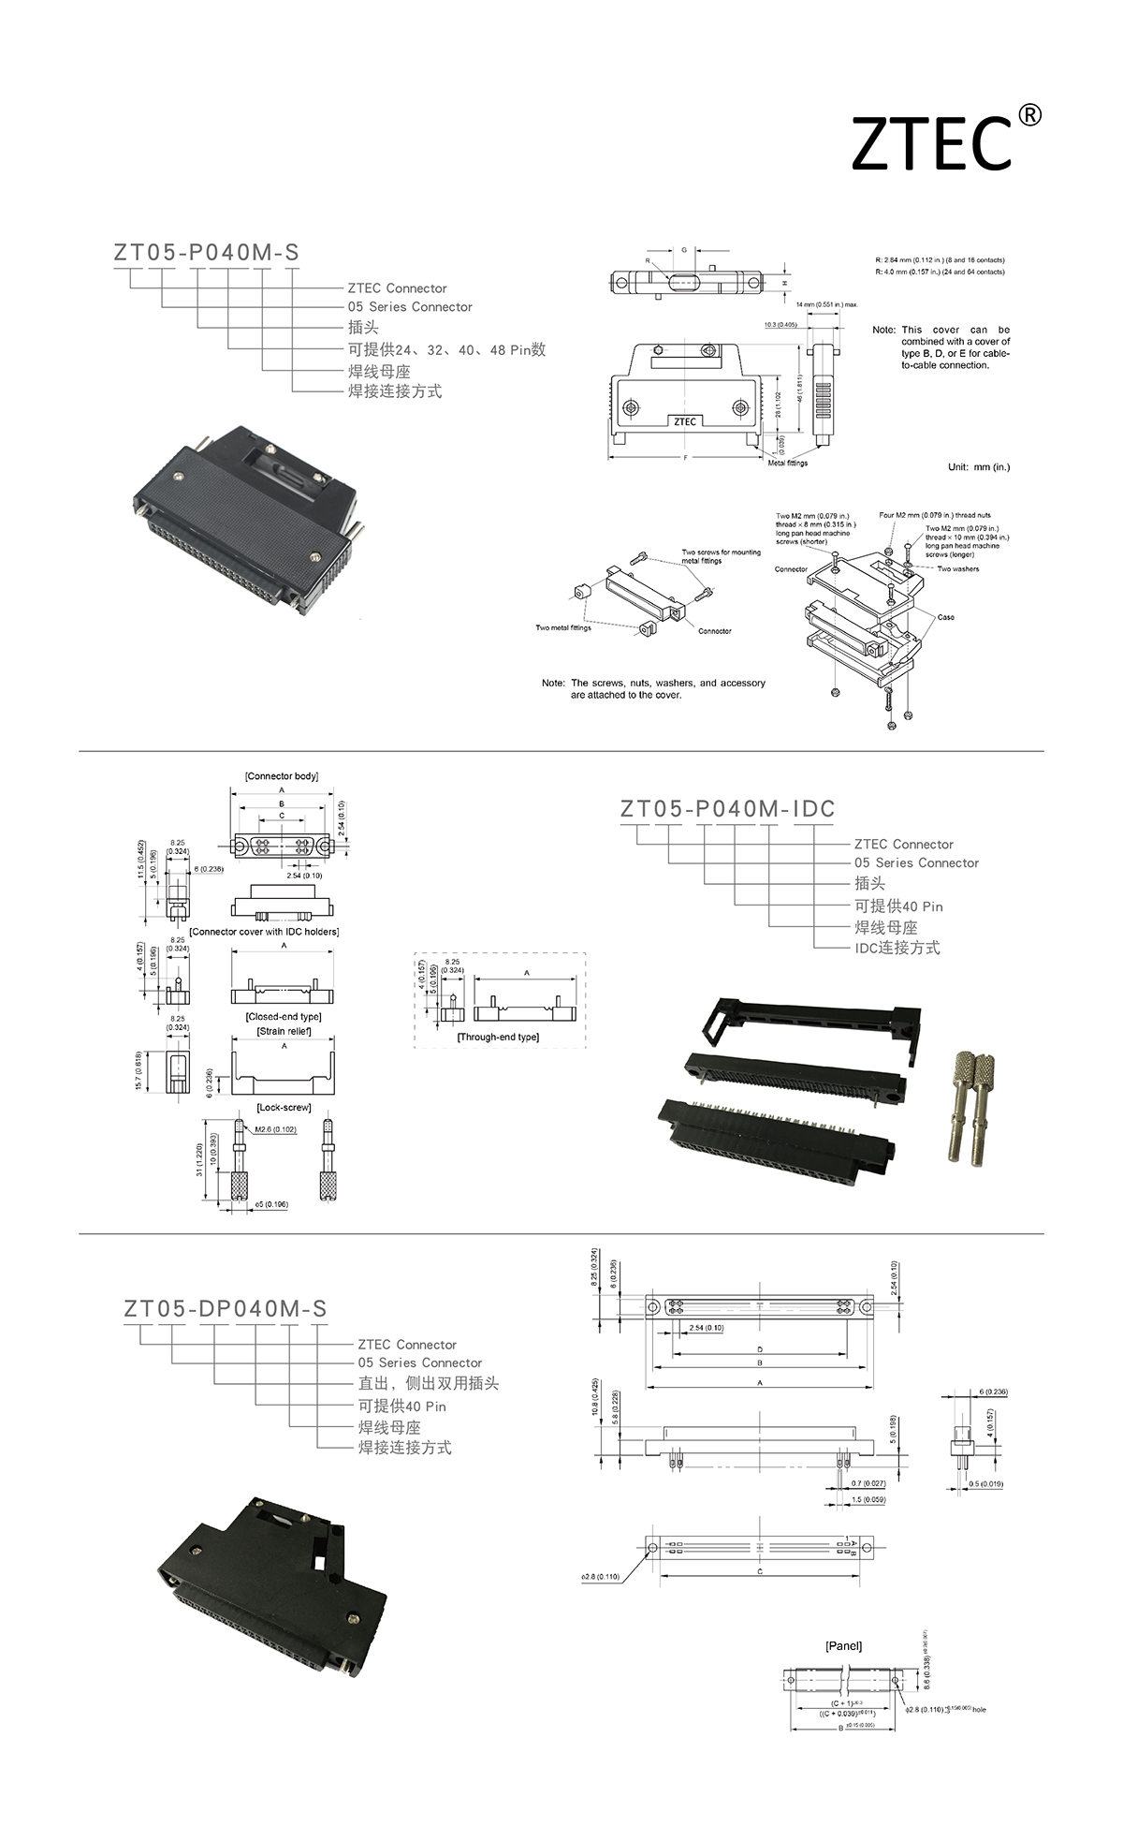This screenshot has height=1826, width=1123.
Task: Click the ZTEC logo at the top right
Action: (x=931, y=144)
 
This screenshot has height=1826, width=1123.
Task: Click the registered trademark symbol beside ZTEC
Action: (x=1028, y=115)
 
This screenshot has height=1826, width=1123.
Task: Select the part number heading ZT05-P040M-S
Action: (x=207, y=253)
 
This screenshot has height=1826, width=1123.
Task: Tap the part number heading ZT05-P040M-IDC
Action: (x=727, y=809)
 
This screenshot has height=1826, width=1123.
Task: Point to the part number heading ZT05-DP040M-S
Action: (x=226, y=1308)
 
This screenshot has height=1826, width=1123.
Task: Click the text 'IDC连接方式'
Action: (x=897, y=948)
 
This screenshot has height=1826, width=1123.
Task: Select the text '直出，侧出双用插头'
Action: (x=428, y=1383)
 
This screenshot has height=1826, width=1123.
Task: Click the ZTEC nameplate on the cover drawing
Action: (x=684, y=421)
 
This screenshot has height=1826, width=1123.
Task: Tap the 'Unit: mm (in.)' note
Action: (x=979, y=466)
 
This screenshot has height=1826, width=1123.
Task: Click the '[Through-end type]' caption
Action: (x=498, y=1037)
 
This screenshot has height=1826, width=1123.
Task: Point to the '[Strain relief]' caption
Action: (x=284, y=1031)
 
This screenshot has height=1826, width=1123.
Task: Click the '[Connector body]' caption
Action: (x=281, y=776)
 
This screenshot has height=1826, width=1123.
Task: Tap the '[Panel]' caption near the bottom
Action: (x=843, y=1646)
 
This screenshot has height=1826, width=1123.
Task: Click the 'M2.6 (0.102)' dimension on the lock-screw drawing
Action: (x=276, y=1129)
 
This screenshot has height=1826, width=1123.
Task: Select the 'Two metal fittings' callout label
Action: (x=563, y=627)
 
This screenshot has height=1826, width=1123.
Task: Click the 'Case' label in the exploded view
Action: (x=945, y=617)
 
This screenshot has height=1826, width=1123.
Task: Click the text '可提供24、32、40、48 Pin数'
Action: (x=446, y=350)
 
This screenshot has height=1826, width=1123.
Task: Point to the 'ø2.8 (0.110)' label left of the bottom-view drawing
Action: (x=600, y=1577)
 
